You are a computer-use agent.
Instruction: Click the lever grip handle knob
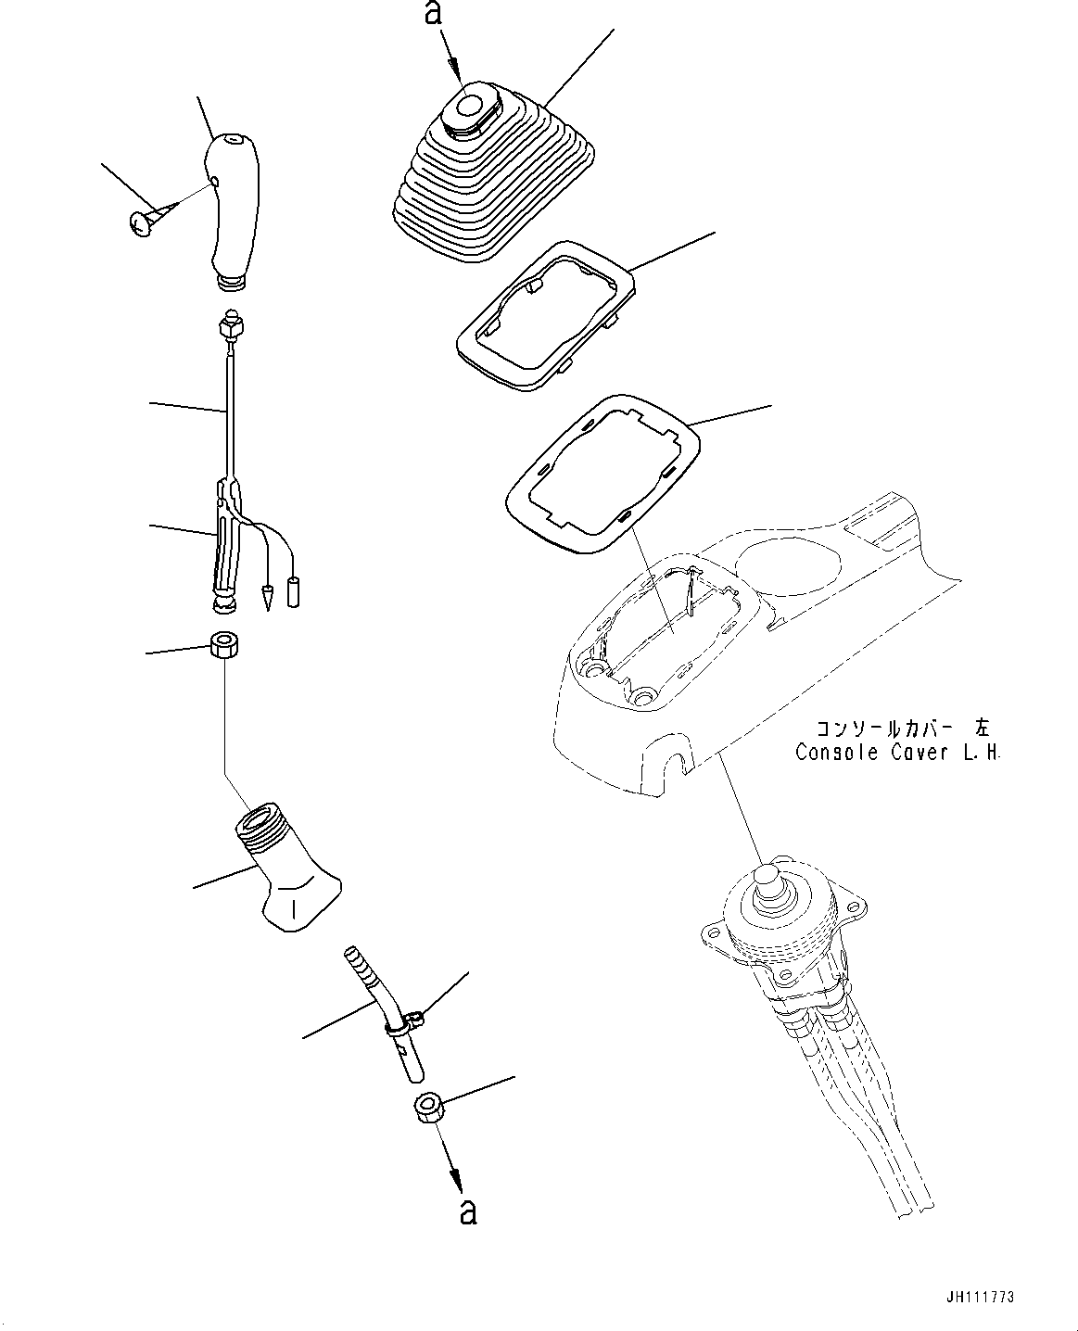click(x=232, y=209)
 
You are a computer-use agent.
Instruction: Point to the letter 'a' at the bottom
click(x=468, y=1211)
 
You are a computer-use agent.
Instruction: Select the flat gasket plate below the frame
click(x=602, y=474)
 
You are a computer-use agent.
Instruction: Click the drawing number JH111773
click(x=985, y=1298)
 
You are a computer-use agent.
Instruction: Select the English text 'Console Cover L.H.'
click(x=897, y=753)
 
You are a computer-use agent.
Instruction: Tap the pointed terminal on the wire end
click(x=268, y=599)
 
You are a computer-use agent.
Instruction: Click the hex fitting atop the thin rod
click(x=229, y=327)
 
